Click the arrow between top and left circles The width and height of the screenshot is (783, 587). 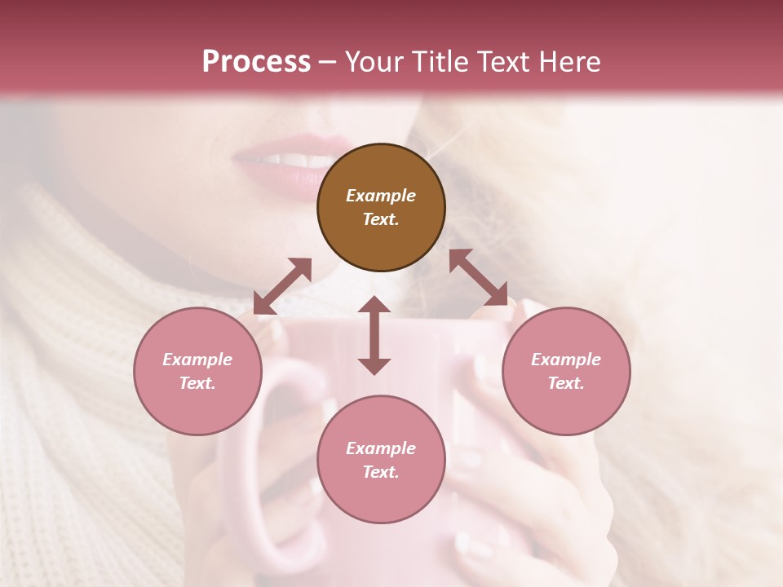[282, 286]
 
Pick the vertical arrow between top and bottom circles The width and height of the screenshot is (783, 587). [374, 335]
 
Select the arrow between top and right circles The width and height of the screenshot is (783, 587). [478, 277]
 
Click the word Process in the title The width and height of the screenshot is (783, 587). [256, 61]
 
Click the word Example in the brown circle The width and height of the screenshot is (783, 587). [381, 196]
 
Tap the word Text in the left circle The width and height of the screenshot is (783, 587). [197, 383]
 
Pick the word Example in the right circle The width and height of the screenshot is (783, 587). [566, 360]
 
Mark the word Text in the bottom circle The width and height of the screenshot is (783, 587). [381, 472]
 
